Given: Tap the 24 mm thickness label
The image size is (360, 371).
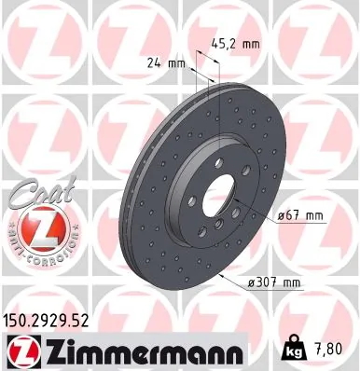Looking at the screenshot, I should coord(166,64).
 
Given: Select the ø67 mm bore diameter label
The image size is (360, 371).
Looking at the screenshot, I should coord(299,216).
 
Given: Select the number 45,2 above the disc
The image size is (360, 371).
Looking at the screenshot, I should coord(223,42).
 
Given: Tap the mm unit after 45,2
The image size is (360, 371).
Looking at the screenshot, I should coord(249,42).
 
